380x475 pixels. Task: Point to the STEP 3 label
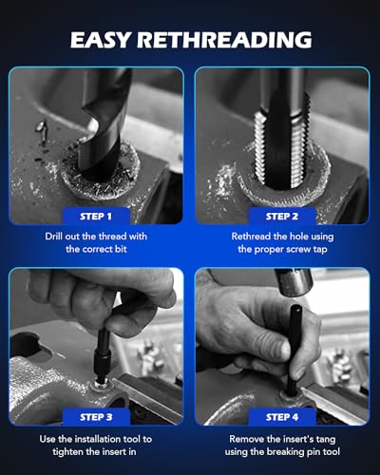click(x=95, y=416)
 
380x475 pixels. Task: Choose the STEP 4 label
click(x=282, y=416)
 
